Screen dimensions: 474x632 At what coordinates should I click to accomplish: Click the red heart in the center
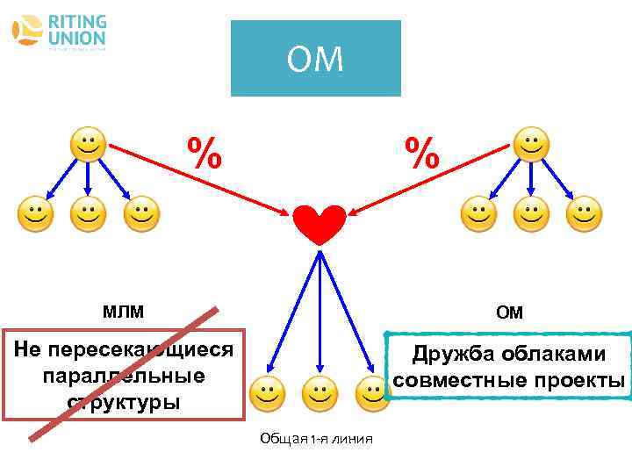click(x=318, y=225)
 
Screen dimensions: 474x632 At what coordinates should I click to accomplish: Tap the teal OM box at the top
click(x=315, y=59)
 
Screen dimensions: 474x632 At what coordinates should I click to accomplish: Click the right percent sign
click(x=422, y=154)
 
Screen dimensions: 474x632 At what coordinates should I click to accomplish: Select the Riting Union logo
click(x=59, y=32)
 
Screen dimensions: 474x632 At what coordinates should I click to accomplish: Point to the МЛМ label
click(x=123, y=311)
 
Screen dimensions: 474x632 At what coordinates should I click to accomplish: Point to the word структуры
click(x=123, y=402)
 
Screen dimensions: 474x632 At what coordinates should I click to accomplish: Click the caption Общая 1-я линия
click(x=317, y=439)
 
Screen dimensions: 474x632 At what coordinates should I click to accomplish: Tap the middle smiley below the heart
click(x=320, y=395)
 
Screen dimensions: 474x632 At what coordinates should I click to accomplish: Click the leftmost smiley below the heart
click(x=266, y=395)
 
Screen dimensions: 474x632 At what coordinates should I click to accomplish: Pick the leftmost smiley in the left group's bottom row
click(x=33, y=213)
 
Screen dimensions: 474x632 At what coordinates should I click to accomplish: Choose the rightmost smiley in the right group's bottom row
click(x=585, y=213)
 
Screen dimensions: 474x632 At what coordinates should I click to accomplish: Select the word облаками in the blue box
click(x=557, y=355)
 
